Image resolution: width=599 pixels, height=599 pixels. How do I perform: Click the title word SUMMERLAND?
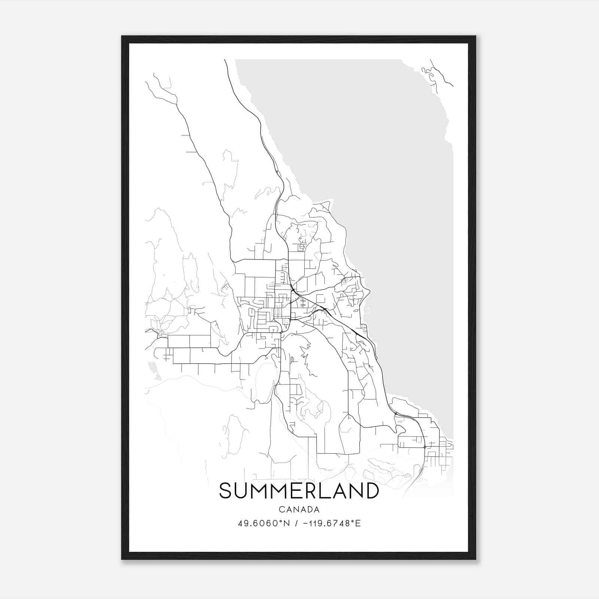(299, 491)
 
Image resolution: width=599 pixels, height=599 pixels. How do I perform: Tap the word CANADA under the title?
(299, 510)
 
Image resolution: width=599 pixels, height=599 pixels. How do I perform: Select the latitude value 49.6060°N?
(264, 523)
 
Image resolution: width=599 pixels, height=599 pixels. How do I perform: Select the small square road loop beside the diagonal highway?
(320, 298)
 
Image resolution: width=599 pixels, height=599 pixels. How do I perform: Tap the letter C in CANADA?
(281, 510)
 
